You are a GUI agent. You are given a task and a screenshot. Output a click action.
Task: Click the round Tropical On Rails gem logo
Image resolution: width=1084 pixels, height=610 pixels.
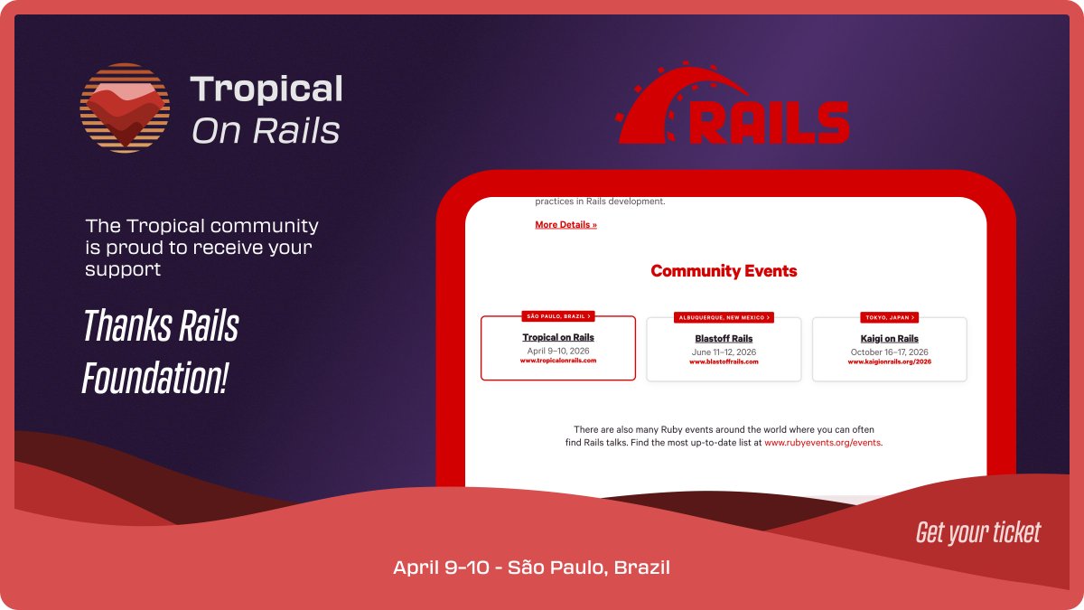125,108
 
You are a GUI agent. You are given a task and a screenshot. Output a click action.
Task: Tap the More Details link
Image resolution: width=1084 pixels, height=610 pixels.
565,225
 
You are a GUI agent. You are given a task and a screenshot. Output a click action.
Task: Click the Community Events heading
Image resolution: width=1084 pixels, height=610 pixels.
724,271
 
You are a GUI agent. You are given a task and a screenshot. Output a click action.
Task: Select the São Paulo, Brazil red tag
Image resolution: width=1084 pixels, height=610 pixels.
558,316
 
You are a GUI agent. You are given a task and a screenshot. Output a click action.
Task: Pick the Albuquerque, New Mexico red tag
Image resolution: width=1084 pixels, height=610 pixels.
724,317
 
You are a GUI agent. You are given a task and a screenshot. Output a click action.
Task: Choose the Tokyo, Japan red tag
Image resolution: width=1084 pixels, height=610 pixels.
889,317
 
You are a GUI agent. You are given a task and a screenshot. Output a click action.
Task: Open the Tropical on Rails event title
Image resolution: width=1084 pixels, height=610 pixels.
558,338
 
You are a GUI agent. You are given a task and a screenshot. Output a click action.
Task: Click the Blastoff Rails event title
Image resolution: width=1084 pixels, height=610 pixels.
724,339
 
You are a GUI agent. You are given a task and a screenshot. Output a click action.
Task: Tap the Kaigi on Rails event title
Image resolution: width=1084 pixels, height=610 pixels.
889,339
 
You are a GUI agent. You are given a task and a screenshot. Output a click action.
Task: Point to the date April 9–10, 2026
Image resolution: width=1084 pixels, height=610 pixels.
558,350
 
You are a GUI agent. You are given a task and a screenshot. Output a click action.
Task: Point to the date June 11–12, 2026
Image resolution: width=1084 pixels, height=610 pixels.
724,352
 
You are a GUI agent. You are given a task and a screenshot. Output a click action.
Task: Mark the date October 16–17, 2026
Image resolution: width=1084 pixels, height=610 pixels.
889,352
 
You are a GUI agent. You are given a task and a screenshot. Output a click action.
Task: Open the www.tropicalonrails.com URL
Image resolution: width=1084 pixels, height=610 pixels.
558,361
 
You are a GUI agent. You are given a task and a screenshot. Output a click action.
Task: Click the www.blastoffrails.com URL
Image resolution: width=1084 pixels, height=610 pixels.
724,361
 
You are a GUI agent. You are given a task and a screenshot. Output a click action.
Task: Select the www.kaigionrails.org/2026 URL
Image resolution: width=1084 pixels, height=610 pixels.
889,361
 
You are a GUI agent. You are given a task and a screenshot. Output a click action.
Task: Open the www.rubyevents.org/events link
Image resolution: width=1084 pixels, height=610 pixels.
822,443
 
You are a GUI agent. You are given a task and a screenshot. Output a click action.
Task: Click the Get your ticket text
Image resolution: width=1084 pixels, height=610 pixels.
978,532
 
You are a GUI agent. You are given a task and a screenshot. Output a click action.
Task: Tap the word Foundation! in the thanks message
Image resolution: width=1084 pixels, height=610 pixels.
154,378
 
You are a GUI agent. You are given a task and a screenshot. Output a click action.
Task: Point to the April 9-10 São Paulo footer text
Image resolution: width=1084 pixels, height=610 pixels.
531,568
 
